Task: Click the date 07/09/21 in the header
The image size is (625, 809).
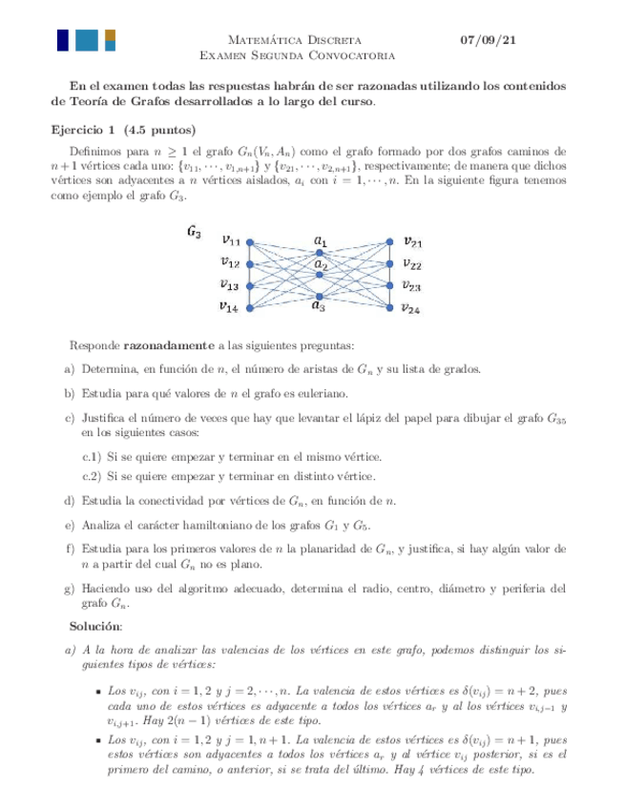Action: coord(489,40)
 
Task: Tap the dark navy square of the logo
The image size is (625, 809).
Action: coord(62,40)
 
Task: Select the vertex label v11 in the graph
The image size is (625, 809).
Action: coord(230,240)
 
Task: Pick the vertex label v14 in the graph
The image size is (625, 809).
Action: coord(228,306)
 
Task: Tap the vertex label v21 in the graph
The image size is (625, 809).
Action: coord(413,241)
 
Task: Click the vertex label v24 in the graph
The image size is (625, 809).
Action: coord(412,308)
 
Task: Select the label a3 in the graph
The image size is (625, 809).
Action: coord(320,307)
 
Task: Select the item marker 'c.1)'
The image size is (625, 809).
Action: coord(92,457)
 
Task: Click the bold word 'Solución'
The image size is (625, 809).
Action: coord(95,626)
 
